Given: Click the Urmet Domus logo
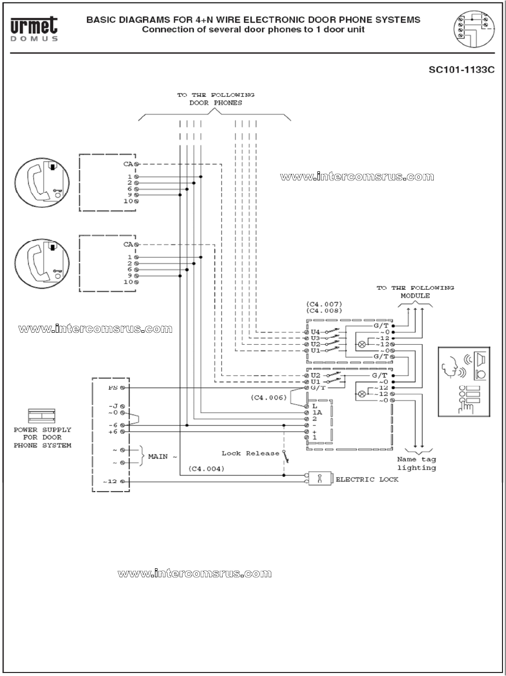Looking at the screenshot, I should [34, 28].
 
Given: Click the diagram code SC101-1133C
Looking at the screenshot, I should [461, 70].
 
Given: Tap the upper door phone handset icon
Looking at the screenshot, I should [41, 181].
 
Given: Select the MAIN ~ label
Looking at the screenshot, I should [162, 457].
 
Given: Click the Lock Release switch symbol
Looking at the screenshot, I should [284, 456].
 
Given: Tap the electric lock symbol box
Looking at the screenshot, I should [319, 479].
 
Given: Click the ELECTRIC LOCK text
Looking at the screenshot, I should [367, 480].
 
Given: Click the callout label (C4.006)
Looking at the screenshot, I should [269, 398].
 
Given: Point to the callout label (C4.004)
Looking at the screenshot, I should [206, 469].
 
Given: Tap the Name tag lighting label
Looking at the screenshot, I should [416, 464].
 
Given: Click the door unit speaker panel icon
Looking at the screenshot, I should [464, 381].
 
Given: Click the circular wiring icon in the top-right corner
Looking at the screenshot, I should [473, 28].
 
